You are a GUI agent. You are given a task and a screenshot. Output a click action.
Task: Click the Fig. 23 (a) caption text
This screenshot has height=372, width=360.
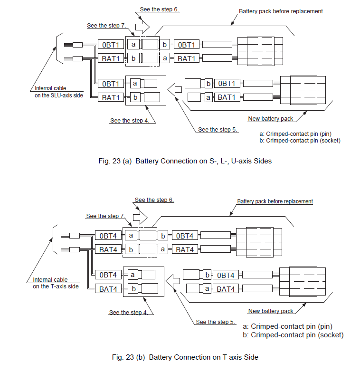click(x=185, y=161)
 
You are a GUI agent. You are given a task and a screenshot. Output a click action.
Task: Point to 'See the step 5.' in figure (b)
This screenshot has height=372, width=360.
click(x=216, y=322)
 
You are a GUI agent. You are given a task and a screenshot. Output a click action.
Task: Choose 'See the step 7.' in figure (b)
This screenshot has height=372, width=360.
click(x=105, y=216)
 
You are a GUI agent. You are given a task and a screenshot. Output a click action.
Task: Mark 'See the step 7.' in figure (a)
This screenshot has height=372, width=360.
click(x=106, y=25)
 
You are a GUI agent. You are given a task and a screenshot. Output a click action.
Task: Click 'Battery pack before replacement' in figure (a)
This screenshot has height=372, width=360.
click(x=281, y=11)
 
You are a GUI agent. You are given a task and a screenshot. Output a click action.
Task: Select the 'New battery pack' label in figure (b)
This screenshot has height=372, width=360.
click(x=270, y=311)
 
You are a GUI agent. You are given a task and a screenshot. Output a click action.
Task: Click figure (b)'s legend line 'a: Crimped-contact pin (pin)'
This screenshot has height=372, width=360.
click(x=287, y=326)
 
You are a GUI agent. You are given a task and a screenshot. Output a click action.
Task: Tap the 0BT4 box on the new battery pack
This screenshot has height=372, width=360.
click(x=226, y=275)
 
